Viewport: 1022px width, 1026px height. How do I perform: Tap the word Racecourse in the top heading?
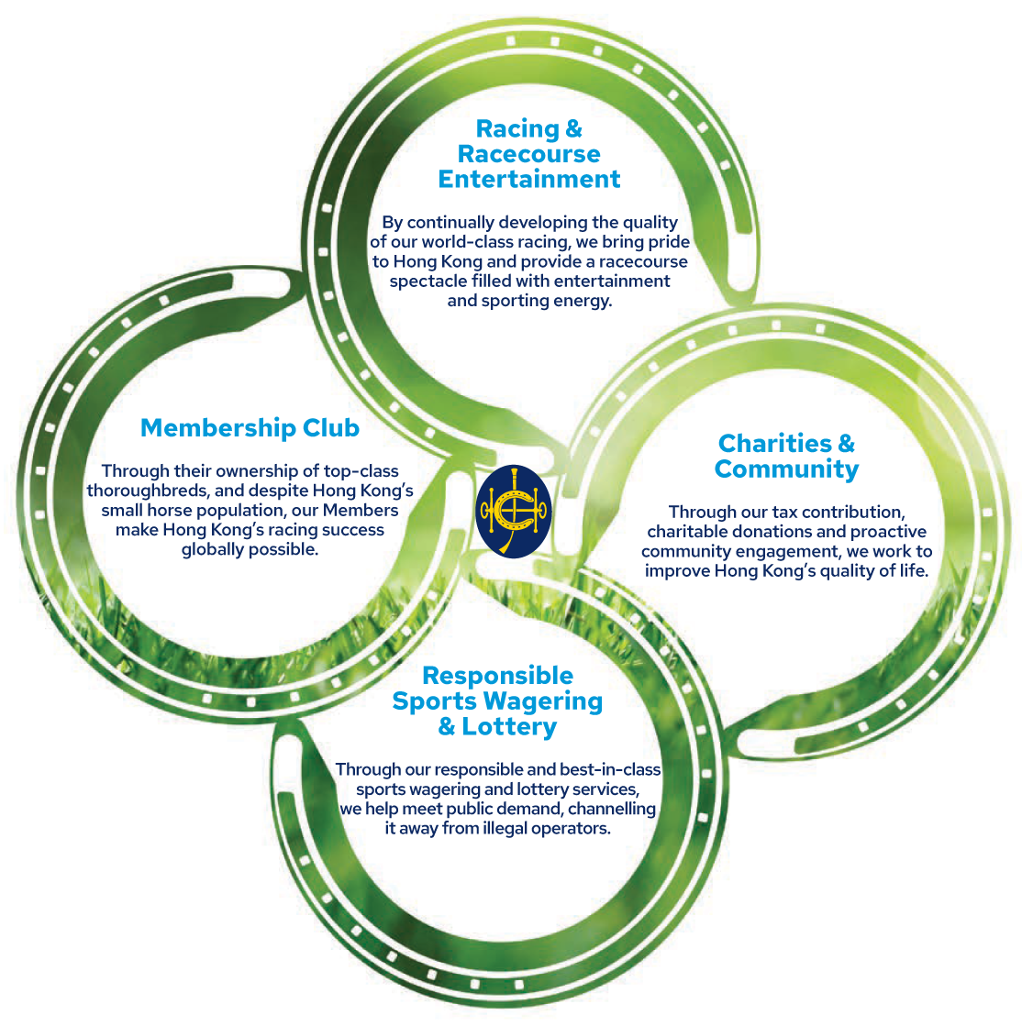click(528, 153)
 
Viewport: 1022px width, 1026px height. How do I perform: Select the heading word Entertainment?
click(529, 179)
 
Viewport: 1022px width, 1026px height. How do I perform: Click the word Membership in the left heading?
click(209, 428)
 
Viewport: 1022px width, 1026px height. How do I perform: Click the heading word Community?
click(786, 469)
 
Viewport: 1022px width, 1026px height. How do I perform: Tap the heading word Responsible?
click(497, 676)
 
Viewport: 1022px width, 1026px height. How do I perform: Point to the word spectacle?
click(428, 281)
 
